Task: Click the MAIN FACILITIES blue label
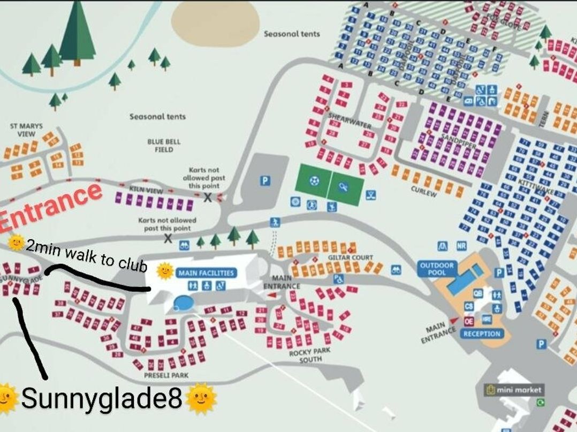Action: pos(206,273)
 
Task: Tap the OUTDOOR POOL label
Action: pos(436,269)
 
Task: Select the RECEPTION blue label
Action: pos(482,334)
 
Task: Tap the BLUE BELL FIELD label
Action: pos(164,146)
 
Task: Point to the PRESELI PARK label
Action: pos(166,375)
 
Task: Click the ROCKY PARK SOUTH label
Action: pos(310,355)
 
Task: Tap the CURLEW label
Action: pos(423,191)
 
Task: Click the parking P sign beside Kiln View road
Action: pos(264,181)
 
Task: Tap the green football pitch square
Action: pos(314,181)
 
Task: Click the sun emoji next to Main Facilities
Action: pos(165,271)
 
